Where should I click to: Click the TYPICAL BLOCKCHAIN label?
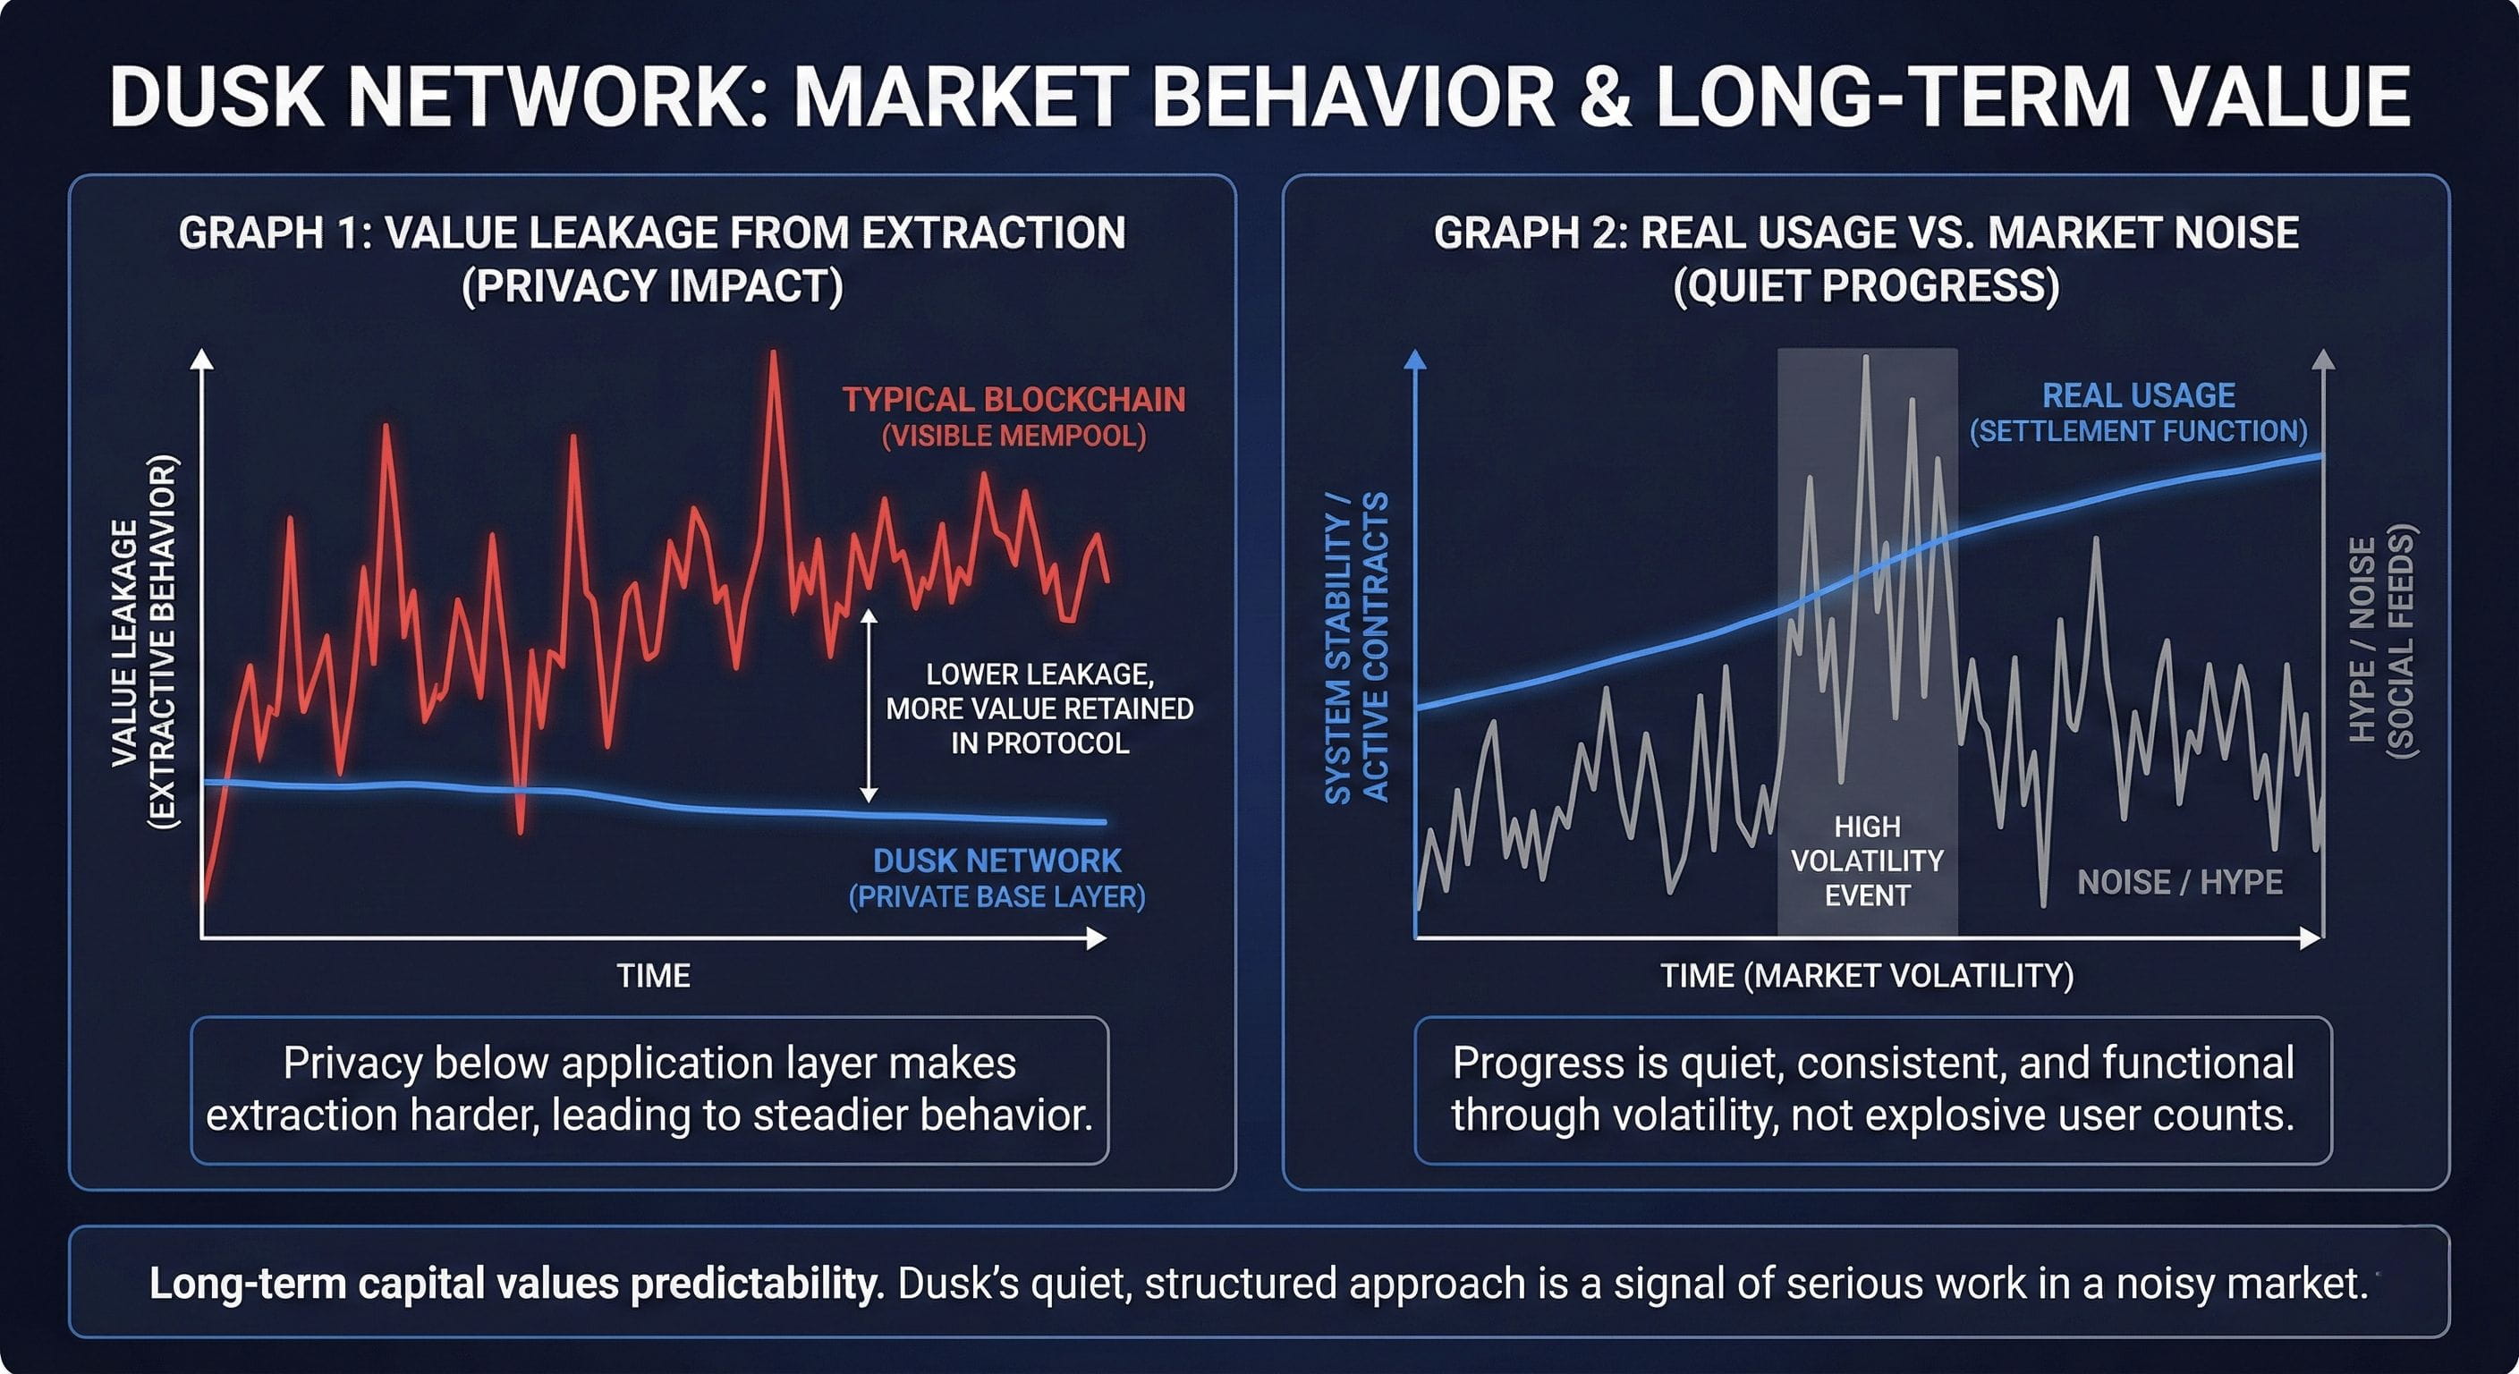tap(1014, 399)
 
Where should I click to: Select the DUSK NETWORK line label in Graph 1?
tap(997, 861)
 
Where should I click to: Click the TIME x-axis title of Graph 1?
tap(653, 976)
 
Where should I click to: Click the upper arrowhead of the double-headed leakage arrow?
tap(869, 617)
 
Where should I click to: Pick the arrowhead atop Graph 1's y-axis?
tap(201, 359)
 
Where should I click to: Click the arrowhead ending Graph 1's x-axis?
tap(1098, 939)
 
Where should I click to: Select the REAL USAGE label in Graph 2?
tap(2139, 395)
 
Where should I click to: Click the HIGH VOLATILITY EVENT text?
tap(1867, 861)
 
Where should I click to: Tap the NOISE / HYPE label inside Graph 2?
tap(2180, 882)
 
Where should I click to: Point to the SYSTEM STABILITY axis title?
tap(1355, 648)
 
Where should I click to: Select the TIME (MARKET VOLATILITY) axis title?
tap(1867, 976)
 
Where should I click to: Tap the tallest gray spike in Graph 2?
tap(1867, 360)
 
